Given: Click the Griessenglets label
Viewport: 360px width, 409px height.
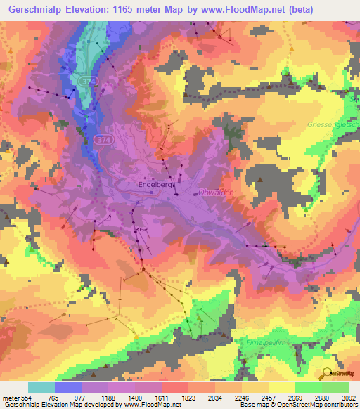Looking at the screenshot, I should pos(333,124).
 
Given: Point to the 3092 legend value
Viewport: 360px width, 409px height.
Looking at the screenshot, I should pos(347,397).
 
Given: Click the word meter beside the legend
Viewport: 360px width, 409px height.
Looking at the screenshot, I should pos(11,397).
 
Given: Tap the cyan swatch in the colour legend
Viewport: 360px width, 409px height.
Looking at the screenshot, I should pos(41,387).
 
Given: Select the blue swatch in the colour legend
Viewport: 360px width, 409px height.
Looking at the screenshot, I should pos(68,387).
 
